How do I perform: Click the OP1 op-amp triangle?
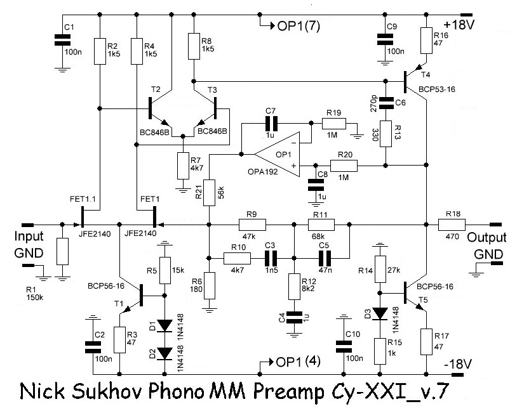point(277,153)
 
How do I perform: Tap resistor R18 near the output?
point(452,224)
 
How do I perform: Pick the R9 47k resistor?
point(252,224)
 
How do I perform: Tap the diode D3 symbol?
point(380,313)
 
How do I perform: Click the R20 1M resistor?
point(345,166)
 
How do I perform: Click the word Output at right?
point(487,238)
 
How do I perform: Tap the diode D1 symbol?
point(164,325)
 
